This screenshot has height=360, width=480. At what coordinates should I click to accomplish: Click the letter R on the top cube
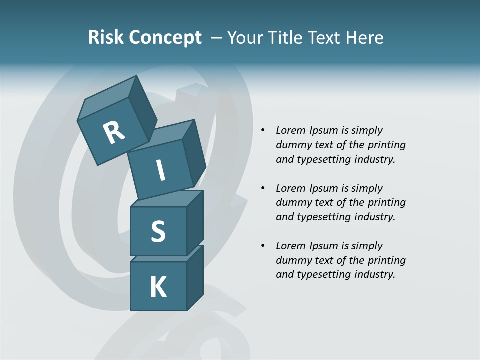pyautogui.click(x=114, y=133)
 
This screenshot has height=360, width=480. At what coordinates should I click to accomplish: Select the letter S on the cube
pyautogui.click(x=158, y=231)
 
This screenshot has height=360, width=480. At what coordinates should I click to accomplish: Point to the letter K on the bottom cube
pyautogui.click(x=158, y=287)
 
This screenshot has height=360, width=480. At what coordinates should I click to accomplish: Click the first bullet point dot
pyautogui.click(x=263, y=131)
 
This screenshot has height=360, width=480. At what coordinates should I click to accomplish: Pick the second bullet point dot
pyautogui.click(x=263, y=189)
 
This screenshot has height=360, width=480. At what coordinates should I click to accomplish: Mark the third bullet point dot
pyautogui.click(x=263, y=246)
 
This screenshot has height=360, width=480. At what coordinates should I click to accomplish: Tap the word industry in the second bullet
pyautogui.click(x=374, y=217)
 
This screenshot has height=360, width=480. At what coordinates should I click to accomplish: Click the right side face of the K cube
pyautogui.click(x=195, y=280)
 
